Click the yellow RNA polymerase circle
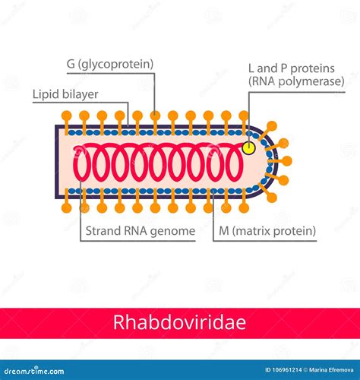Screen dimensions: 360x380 click(x=249, y=148)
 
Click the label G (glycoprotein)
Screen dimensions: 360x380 click(x=110, y=64)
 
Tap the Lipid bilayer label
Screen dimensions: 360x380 click(x=65, y=94)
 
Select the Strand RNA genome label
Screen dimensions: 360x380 click(x=141, y=231)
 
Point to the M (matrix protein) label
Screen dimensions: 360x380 click(x=267, y=231)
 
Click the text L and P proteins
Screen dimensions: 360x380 click(x=292, y=68)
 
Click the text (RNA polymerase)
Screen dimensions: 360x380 click(x=296, y=81)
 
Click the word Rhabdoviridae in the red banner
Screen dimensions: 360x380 click(x=179, y=322)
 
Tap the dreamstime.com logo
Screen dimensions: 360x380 click(x=34, y=371)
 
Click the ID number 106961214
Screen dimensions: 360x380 click(x=283, y=370)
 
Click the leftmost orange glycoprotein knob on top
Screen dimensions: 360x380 click(x=67, y=116)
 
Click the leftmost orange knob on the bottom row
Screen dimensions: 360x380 click(x=67, y=208)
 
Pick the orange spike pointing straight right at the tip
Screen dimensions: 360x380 click(x=286, y=161)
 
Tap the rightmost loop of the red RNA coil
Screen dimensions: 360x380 click(x=234, y=162)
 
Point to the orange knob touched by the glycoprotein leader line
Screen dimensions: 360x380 click(x=155, y=116)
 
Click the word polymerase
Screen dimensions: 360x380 click(x=311, y=82)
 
